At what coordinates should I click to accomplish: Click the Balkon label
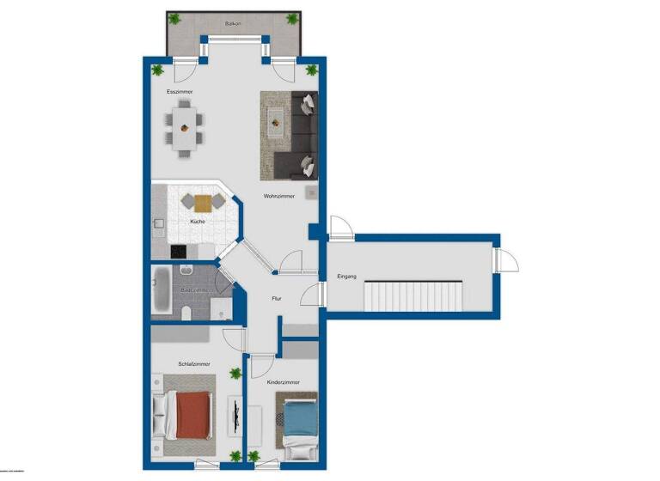coord(233,25)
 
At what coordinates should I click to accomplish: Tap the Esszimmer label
coord(180,91)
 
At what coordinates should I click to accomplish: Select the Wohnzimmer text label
coord(280,196)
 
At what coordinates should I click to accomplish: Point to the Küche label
coord(198,222)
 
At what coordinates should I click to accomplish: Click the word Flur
coord(277,300)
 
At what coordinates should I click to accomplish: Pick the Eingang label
coord(347,277)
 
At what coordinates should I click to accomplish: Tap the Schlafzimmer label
coord(194,364)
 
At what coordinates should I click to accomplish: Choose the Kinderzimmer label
coord(283,381)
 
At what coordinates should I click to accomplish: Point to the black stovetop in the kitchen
coord(179,252)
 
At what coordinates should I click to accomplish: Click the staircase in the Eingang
coord(414,298)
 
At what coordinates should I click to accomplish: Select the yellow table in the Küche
coord(203,204)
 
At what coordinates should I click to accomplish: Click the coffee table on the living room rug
coord(276,123)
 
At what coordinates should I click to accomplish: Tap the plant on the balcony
coord(174,19)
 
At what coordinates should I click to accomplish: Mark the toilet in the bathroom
coord(186,315)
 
